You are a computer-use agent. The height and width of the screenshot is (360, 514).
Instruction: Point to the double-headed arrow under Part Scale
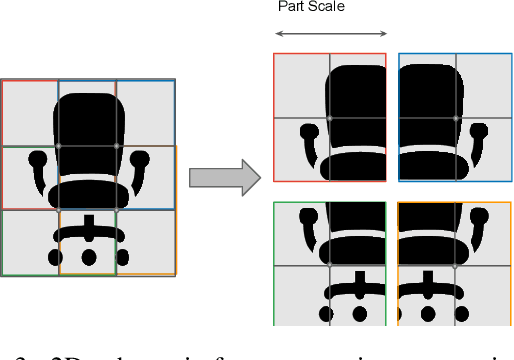click(331, 36)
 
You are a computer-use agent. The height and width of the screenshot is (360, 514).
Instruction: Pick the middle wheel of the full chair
click(88, 257)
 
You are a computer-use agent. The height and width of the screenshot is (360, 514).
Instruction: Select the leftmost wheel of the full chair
click(55, 257)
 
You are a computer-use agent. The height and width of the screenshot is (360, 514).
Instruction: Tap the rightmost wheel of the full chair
click(121, 257)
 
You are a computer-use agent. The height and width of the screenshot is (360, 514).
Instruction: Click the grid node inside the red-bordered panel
click(329, 118)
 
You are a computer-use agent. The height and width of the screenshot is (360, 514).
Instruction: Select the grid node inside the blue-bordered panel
click(456, 118)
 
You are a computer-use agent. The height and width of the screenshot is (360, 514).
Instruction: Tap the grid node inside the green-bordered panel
click(329, 264)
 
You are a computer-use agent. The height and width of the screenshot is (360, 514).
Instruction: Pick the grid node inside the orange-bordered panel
click(456, 264)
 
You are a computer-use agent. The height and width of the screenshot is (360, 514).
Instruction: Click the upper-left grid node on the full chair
click(58, 146)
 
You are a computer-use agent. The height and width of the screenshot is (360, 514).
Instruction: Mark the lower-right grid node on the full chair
click(117, 210)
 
